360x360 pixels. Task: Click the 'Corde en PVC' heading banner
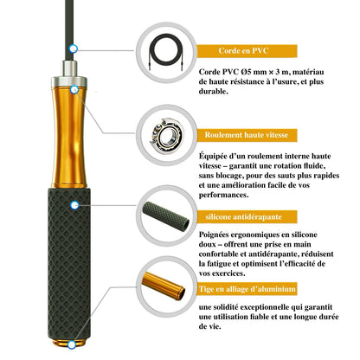(247, 51)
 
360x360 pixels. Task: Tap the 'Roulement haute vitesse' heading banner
(247, 135)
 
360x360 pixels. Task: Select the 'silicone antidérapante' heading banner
(247, 216)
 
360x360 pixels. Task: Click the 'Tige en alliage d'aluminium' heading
(247, 289)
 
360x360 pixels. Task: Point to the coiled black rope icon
(166, 51)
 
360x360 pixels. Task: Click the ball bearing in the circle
(166, 136)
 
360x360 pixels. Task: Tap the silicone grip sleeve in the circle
(166, 216)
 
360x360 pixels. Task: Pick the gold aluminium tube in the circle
(164, 286)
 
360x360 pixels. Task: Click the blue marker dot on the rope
(74, 48)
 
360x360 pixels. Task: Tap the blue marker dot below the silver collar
(74, 90)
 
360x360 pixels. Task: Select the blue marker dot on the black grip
(74, 205)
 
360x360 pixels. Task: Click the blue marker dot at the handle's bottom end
(72, 344)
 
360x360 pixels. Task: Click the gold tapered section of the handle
(69, 137)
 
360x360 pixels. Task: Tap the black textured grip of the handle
(69, 264)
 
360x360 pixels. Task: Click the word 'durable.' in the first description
(213, 92)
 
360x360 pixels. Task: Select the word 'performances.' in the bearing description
(223, 195)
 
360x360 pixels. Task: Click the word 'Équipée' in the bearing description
(213, 156)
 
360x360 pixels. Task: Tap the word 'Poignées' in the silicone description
(213, 235)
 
